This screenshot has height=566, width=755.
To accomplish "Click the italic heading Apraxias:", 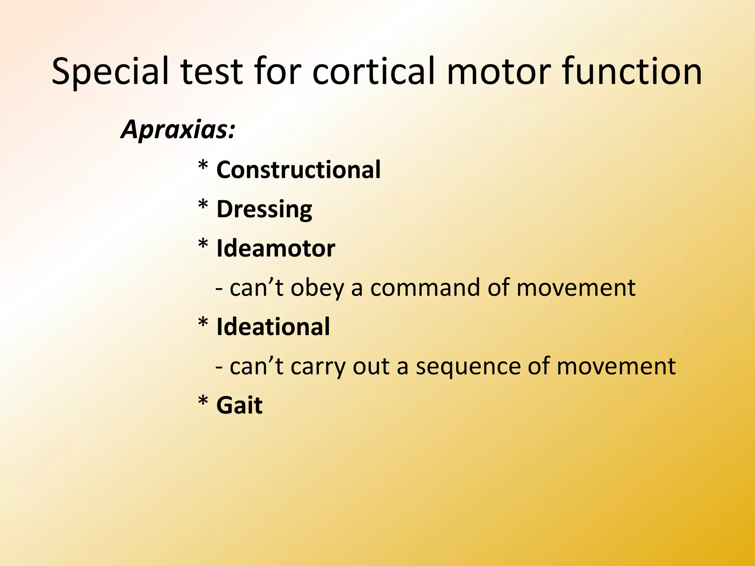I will pyautogui.click(x=178, y=130).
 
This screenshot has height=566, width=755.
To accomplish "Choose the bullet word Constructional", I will pyautogui.click(x=298, y=170).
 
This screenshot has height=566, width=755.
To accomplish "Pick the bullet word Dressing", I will pyautogui.click(x=264, y=209).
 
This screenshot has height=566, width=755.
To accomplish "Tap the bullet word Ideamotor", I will pyautogui.click(x=275, y=248).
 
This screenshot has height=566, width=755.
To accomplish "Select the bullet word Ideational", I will pyautogui.click(x=273, y=327).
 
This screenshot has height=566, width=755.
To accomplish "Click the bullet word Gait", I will pyautogui.click(x=239, y=405).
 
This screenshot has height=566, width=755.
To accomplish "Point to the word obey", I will pyautogui.click(x=317, y=288).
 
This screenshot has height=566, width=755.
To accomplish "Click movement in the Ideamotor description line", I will pyautogui.click(x=576, y=287).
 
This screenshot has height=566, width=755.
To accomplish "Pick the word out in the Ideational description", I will pyautogui.click(x=371, y=366).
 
